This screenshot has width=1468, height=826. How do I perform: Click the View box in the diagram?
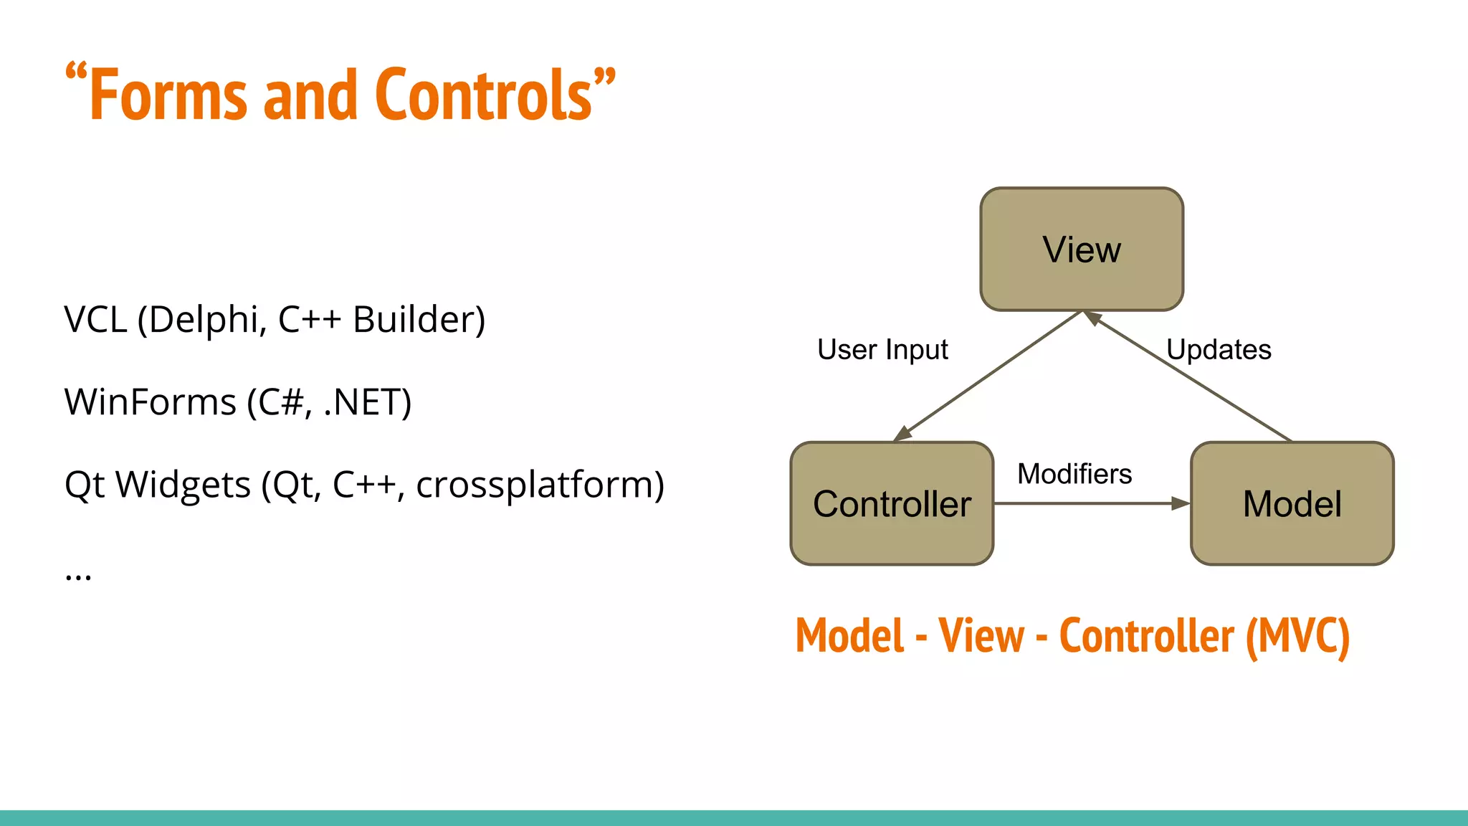(1081, 250)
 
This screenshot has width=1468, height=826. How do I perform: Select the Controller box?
(892, 503)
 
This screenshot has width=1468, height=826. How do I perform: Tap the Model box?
(1292, 503)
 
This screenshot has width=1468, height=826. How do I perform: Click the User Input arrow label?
(882, 350)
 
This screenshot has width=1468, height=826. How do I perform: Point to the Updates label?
(1219, 350)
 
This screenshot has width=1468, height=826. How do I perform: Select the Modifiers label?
(1074, 474)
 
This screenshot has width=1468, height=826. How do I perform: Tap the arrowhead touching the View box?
(1092, 318)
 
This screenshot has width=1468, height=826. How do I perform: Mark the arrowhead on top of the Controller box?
(902, 434)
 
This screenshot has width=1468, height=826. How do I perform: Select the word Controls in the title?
(485, 95)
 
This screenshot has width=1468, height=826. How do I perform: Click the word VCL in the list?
(95, 320)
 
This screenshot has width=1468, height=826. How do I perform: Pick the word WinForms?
(151, 402)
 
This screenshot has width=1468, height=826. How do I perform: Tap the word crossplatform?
(539, 485)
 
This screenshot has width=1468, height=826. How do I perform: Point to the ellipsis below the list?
(78, 576)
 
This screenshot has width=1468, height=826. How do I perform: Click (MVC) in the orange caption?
(1297, 636)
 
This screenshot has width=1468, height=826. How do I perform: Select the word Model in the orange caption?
(850, 636)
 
